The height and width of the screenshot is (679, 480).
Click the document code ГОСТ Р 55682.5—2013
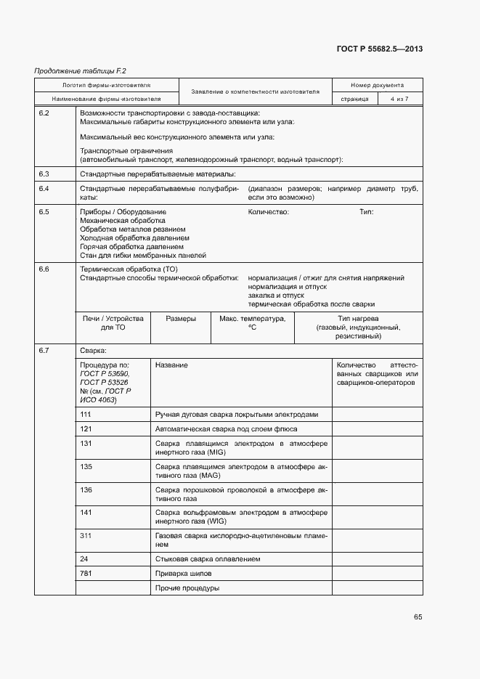(x=380, y=49)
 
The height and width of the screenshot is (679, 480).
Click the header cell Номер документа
(x=377, y=85)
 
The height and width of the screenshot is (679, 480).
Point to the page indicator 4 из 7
(x=399, y=99)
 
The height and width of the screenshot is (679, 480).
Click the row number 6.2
(x=44, y=113)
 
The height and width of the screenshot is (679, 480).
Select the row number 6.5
(x=44, y=212)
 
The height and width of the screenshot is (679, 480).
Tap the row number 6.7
(x=44, y=351)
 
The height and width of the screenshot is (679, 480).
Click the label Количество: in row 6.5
(x=269, y=212)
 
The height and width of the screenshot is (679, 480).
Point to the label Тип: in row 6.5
(x=367, y=212)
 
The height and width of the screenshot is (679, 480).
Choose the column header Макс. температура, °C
(x=253, y=323)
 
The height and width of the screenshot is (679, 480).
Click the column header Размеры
(x=180, y=319)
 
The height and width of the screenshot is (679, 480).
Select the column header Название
(x=171, y=365)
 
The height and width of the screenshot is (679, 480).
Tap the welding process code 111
(x=86, y=414)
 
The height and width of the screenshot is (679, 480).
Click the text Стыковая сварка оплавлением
(x=208, y=559)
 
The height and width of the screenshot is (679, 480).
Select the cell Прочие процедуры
(x=187, y=587)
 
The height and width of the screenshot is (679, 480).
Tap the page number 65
(x=418, y=617)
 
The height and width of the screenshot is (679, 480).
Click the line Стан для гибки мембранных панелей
(x=143, y=256)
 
